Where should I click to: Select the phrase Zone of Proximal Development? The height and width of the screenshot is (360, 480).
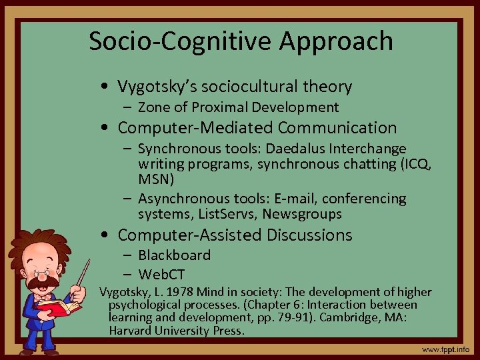pos(238,107)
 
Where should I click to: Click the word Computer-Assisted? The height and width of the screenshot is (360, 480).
pos(190,235)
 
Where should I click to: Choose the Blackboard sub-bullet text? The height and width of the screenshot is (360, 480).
pos(174,255)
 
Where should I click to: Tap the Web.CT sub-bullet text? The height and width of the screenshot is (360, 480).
pos(161,274)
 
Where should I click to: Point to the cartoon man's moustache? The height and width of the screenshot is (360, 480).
pos(41,284)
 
